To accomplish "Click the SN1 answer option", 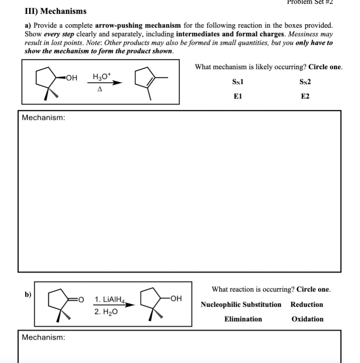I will click(238, 82).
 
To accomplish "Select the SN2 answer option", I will click(305, 82).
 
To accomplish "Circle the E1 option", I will click(238, 96).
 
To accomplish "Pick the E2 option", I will click(305, 96).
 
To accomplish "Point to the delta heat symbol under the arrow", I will click(100, 89).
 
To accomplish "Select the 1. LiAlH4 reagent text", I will click(110, 300).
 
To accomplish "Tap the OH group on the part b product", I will click(176, 298).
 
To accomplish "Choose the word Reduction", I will click(306, 305).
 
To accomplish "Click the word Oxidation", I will click(307, 319).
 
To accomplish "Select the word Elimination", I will click(243, 319).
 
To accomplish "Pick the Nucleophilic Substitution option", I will click(241, 305).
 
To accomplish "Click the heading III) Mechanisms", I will click(55, 11).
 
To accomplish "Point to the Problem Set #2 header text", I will click(310, 2).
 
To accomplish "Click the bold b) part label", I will click(28, 294).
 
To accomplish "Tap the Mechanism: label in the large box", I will click(43, 118).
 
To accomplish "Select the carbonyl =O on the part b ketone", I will click(81, 300).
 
